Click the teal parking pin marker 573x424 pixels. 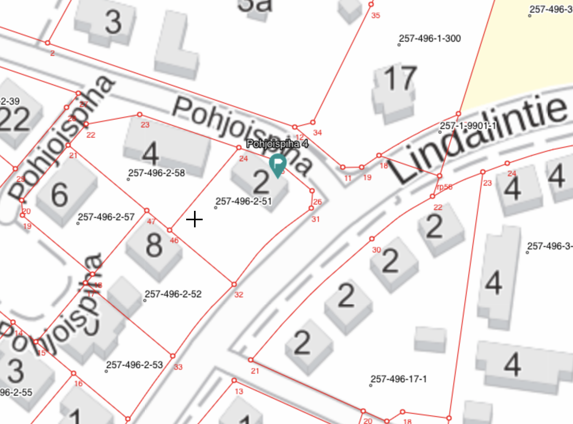pos(277,164)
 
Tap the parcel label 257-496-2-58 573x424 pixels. pos(157,173)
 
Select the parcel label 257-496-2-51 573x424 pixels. pos(244,201)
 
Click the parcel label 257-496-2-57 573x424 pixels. pos(106,217)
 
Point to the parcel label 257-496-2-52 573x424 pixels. pos(173,294)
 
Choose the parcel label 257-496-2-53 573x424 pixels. pos(135,365)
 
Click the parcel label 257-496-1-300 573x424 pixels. pos(430,39)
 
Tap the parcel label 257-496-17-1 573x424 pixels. pos(399,379)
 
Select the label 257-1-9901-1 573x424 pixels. pos(468,126)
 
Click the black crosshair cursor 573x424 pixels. pos(194,219)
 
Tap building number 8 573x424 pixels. pos(154,245)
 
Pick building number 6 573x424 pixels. pos(60,194)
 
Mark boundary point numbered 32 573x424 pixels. pos(234,284)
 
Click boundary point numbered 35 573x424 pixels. pos(371,4)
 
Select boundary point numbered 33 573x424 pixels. pos(173,356)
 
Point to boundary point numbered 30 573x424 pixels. pos(372,239)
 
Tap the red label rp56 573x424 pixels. pos(445,187)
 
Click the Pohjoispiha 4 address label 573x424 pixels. pos(277,144)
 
